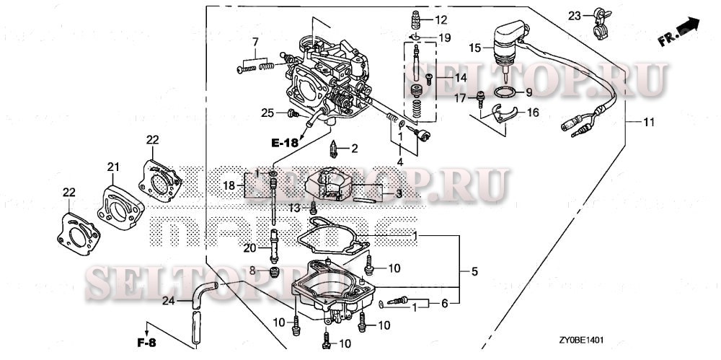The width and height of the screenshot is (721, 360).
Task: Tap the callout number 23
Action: pos(574,15)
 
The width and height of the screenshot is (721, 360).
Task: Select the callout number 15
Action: pos(474,48)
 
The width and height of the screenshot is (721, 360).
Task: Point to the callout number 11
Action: pos(649,123)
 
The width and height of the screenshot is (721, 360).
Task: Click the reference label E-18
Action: pos(285,143)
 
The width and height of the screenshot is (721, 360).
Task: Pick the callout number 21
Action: pos(112,167)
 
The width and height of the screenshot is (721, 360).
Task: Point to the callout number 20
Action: pos(249,248)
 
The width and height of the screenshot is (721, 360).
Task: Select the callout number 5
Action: pos(474,272)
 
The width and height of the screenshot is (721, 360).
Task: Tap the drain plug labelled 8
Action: pos(274,272)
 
